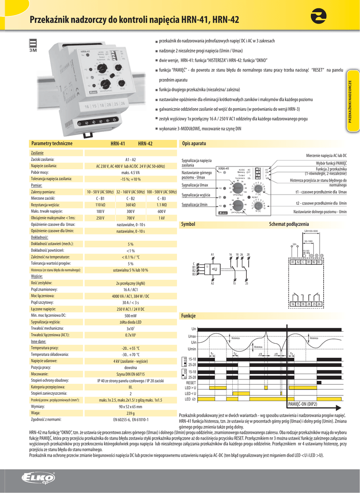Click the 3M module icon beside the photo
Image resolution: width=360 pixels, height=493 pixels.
pyautogui.click(x=34, y=44)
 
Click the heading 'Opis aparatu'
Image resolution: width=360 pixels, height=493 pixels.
pyautogui.click(x=194, y=143)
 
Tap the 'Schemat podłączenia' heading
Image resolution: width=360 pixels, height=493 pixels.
pyautogui.click(x=289, y=224)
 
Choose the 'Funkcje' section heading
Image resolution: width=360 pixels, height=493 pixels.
pyautogui.click(x=188, y=316)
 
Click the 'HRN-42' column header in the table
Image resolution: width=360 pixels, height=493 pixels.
pyautogui.click(x=145, y=143)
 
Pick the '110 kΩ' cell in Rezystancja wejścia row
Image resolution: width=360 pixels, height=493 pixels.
pyautogui.click(x=100, y=205)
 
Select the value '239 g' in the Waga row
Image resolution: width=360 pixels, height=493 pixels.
pyautogui.click(x=130, y=413)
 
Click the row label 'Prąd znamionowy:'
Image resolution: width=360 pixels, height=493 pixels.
pyautogui.click(x=44, y=290)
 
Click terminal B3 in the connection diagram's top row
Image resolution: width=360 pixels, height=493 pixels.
pyautogui.click(x=319, y=262)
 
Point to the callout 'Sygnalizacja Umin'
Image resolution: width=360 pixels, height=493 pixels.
pyautogui.click(x=194, y=205)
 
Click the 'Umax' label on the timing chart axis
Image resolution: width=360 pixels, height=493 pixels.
pyautogui.click(x=192, y=336)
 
